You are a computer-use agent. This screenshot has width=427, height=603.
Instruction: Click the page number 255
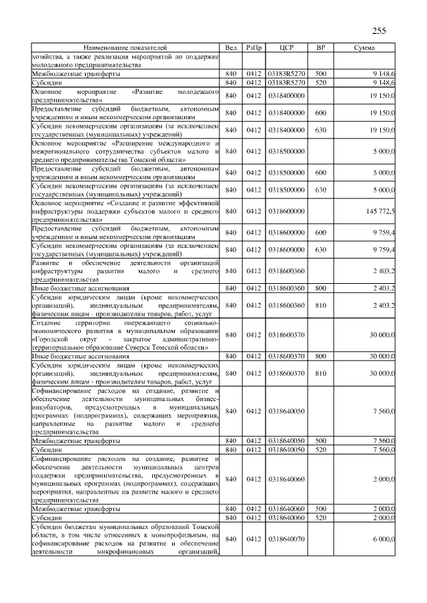(x=379, y=30)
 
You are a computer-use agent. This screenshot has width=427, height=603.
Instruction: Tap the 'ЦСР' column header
(x=286, y=48)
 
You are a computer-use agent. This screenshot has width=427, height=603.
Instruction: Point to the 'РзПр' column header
(x=254, y=48)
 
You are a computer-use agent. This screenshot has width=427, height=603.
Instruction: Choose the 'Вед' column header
(x=231, y=48)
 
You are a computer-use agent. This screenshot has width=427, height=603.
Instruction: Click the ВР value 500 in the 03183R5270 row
(x=320, y=73)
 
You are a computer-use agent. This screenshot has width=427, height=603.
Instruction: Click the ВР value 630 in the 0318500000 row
(x=320, y=190)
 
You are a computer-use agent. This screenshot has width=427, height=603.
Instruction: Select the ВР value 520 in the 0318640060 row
(x=320, y=517)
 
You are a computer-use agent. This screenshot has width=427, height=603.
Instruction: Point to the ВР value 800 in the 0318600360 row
(x=320, y=288)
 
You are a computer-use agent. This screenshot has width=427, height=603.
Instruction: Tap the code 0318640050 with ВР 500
(x=286, y=441)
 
